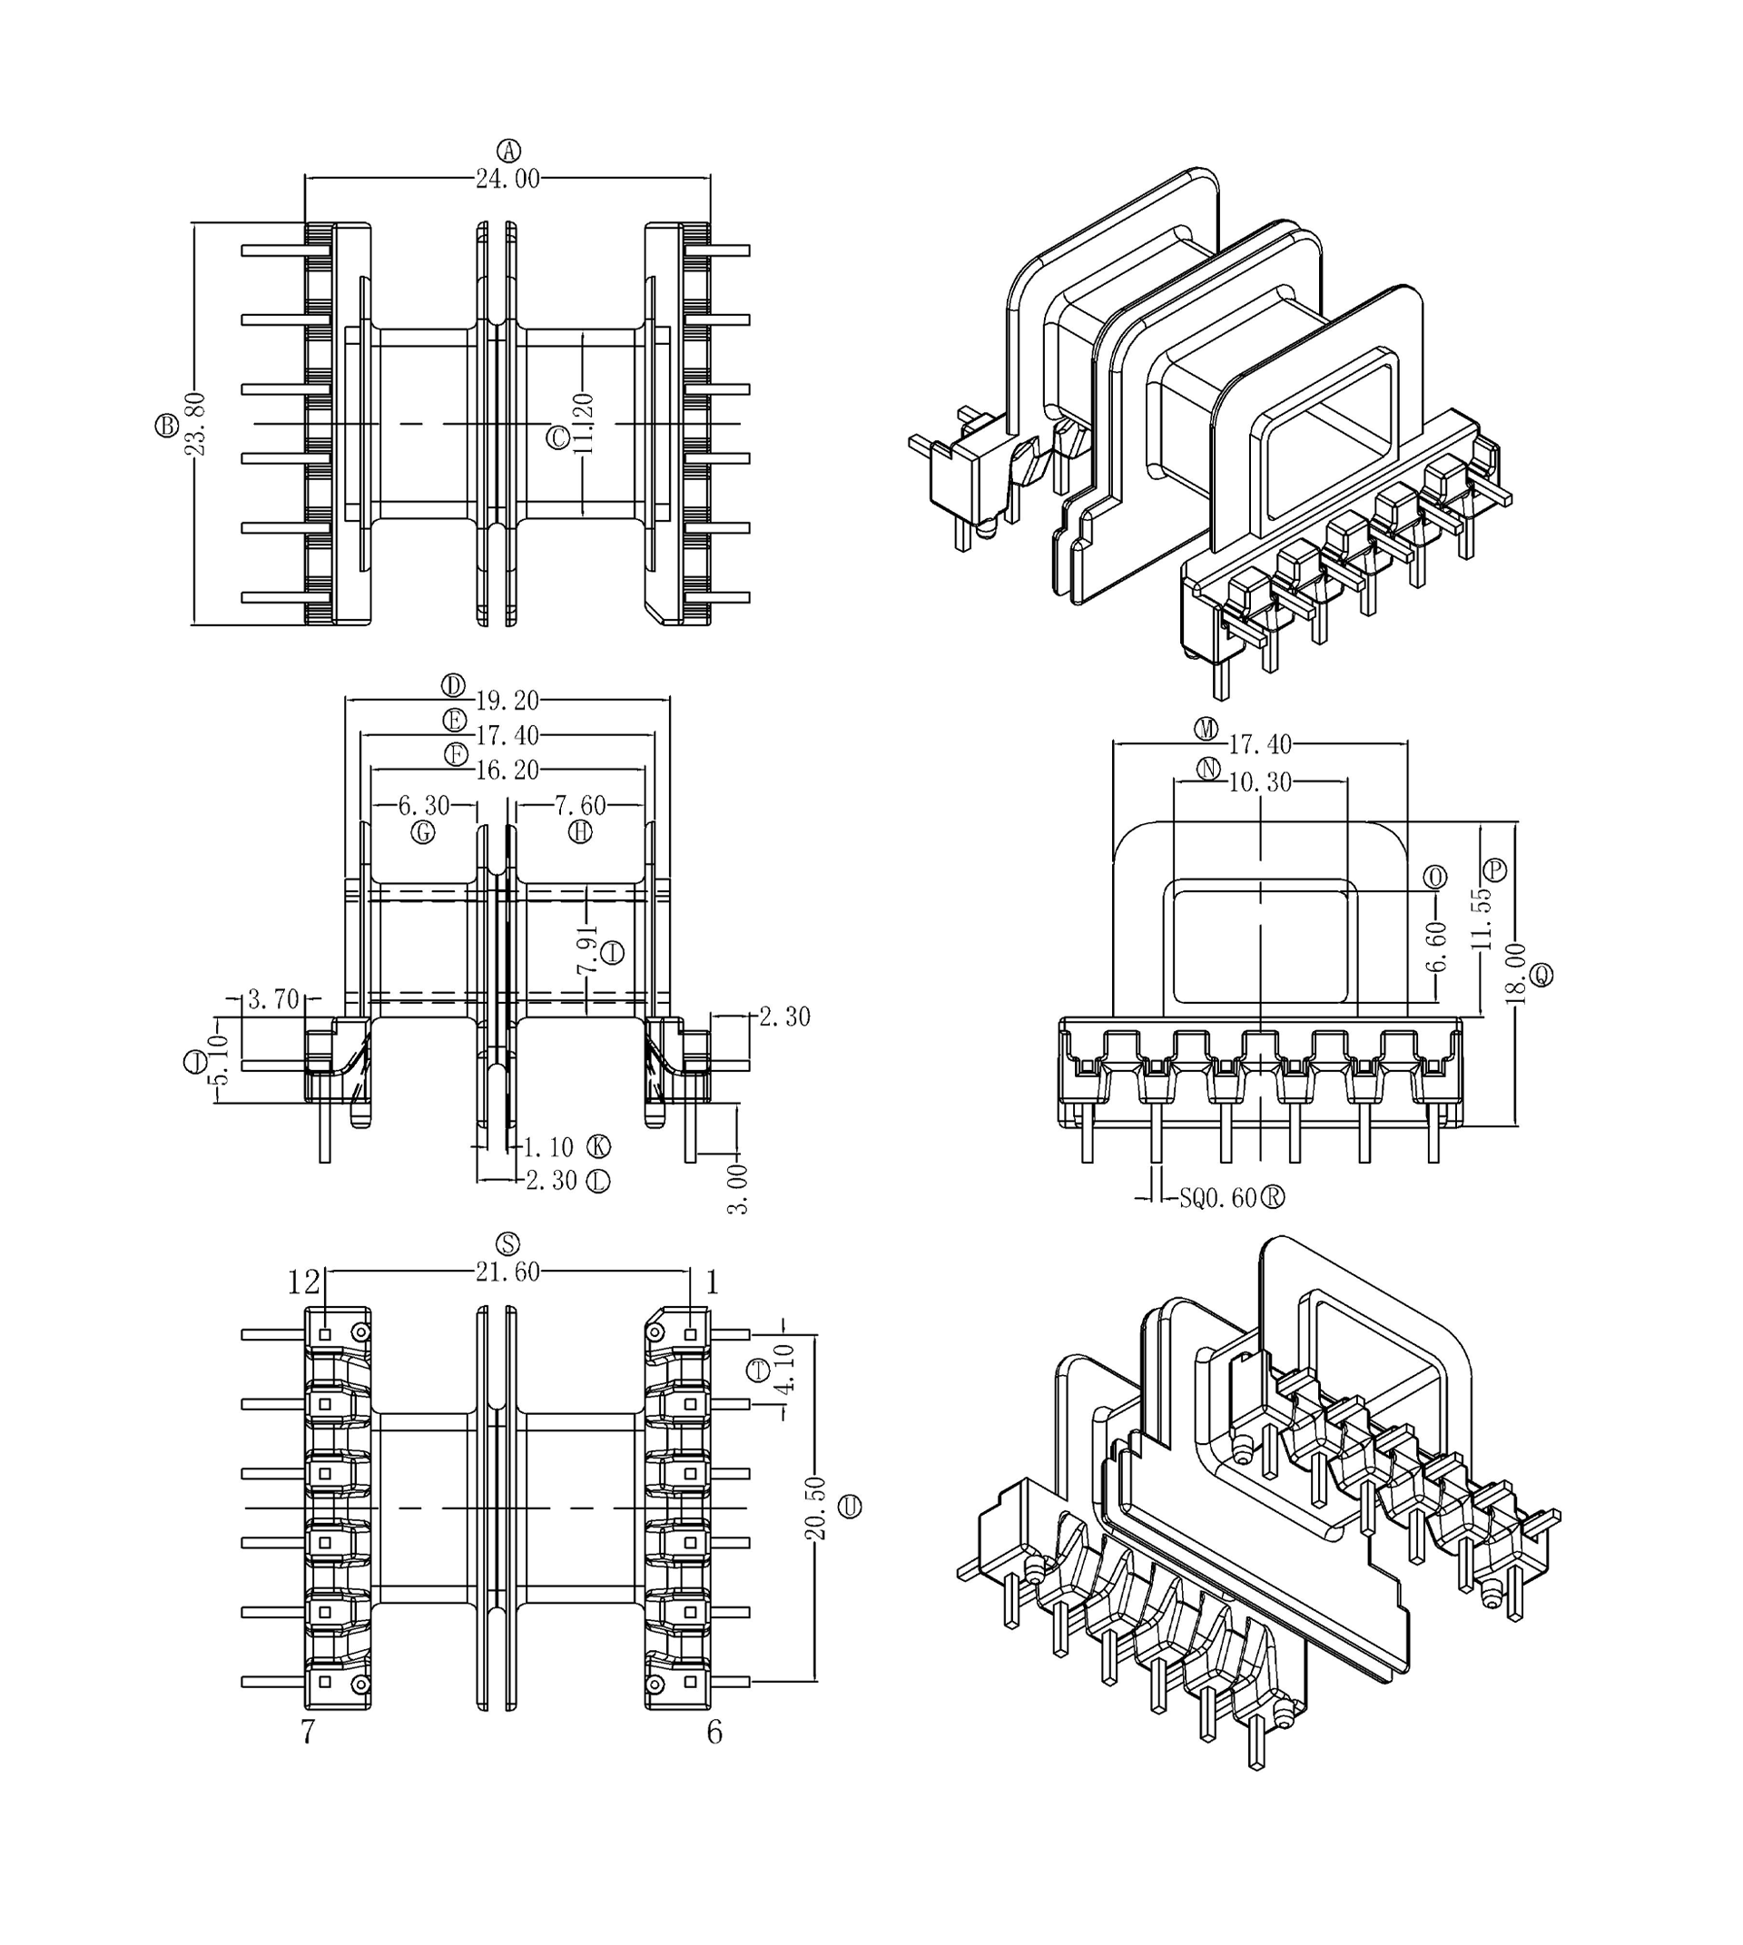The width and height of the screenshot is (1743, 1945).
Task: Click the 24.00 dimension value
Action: pos(507,179)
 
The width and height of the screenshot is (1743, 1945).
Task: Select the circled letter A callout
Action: pos(508,151)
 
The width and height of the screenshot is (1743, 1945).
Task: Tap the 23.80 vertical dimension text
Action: pos(195,423)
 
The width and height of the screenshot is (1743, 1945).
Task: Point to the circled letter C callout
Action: pos(557,437)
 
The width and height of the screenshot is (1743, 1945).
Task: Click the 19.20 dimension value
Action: pos(507,701)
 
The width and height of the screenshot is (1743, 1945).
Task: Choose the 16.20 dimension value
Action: pos(507,770)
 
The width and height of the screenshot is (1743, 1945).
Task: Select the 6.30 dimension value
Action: pos(424,805)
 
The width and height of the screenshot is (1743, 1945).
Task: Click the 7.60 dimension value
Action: pos(580,805)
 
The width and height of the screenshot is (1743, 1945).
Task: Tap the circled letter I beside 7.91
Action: pos(613,952)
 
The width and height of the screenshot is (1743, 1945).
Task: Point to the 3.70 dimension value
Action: pos(274,1000)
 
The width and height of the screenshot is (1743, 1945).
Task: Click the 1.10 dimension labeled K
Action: pos(548,1147)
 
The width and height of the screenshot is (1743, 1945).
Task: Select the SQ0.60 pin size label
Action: pos(1217,1198)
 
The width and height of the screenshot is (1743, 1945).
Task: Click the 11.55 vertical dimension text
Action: pos(1482,919)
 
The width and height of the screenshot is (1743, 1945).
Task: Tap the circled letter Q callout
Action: pos(1541,975)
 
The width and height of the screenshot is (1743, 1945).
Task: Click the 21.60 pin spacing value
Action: pos(507,1272)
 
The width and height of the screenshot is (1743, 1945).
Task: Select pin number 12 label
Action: pos(303,1282)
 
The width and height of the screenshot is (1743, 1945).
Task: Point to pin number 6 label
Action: pos(714,1733)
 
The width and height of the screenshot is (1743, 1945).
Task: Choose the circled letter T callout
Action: pos(757,1370)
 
